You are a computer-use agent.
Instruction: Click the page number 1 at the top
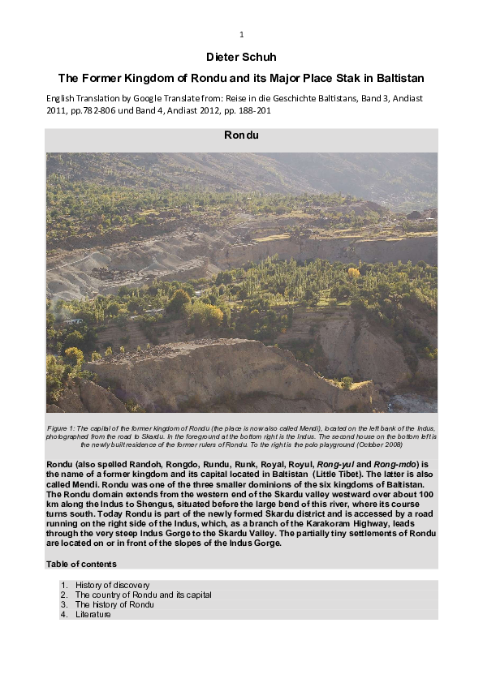coord(241,34)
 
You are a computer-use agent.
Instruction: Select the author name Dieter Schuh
coord(241,58)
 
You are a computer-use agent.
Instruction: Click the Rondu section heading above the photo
coord(241,135)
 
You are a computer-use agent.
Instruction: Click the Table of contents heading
coord(81,564)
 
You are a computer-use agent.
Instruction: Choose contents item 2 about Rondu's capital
coord(143,595)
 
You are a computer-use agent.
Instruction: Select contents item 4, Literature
coord(93,614)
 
